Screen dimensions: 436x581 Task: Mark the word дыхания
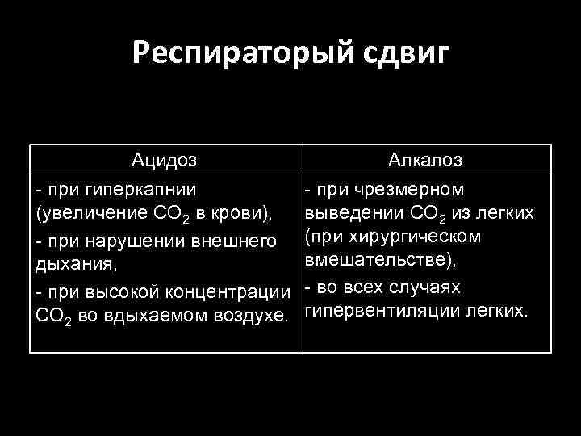point(68,264)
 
